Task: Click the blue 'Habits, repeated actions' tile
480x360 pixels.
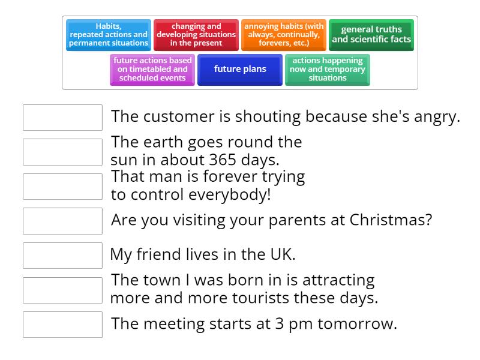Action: (109, 35)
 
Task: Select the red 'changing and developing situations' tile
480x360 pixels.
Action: (196, 35)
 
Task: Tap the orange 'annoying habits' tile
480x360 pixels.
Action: (284, 35)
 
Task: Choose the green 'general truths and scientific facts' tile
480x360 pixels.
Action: (371, 35)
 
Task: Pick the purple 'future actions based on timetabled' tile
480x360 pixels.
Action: (152, 70)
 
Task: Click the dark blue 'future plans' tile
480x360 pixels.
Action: (240, 70)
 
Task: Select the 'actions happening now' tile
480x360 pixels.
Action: (328, 70)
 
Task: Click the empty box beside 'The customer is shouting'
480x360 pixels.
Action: (62, 118)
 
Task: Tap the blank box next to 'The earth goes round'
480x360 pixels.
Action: (62, 152)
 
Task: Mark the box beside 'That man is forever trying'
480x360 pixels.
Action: (62, 187)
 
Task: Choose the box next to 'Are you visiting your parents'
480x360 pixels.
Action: (62, 221)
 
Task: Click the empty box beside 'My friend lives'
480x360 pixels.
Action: (62, 256)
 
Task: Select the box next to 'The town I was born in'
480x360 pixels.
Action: (62, 290)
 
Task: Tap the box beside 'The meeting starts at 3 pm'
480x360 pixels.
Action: (62, 325)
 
